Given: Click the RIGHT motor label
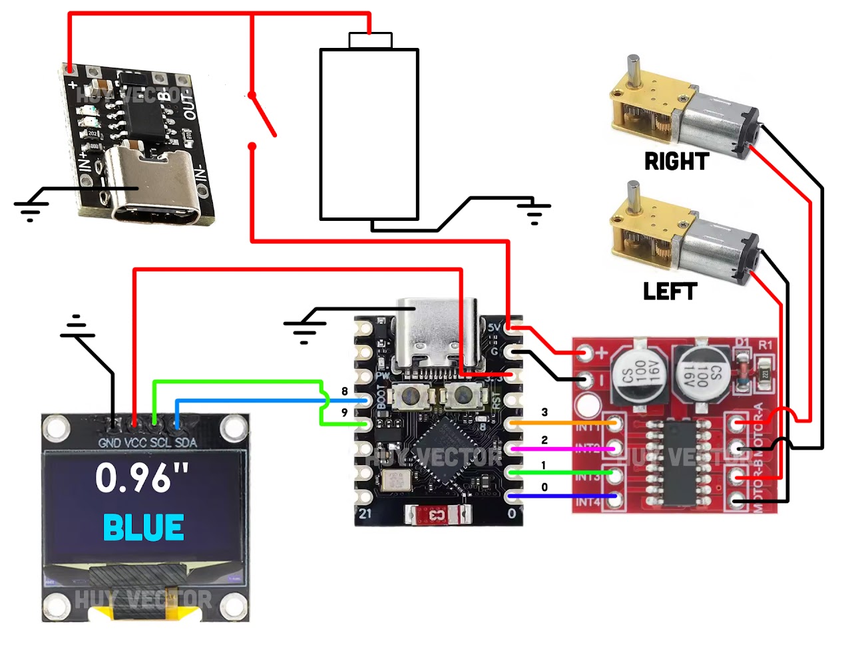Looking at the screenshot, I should (x=676, y=161).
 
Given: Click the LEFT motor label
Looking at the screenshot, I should (x=670, y=291).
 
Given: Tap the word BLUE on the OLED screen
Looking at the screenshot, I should (x=143, y=528).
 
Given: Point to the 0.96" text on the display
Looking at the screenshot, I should (x=142, y=477).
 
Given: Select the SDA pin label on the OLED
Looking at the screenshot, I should (x=186, y=442).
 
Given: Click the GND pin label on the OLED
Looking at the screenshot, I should (x=109, y=442).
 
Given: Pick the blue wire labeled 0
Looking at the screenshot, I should (x=562, y=496).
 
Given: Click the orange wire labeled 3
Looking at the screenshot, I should (x=562, y=422).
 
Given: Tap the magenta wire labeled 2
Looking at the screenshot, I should (x=562, y=449).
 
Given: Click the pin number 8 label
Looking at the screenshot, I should (x=344, y=391).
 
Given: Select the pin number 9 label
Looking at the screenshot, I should (x=344, y=412).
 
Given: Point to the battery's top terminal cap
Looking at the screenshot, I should (x=371, y=41).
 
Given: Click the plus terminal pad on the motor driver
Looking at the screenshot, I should (x=586, y=353).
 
